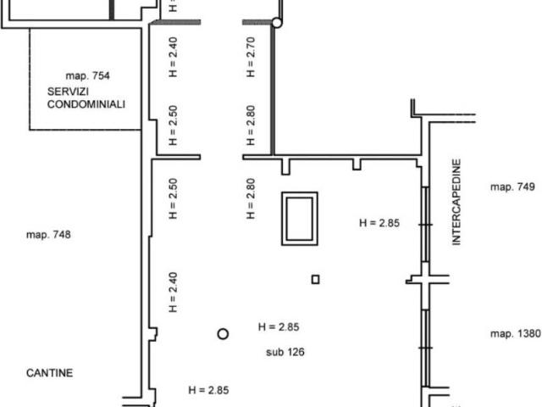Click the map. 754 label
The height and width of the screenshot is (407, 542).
point(88,75)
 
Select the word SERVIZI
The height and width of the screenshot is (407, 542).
point(68,92)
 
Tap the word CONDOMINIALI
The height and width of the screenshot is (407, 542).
point(86,104)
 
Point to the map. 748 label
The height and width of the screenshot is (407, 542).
point(48,235)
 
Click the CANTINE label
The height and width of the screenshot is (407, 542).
point(50,373)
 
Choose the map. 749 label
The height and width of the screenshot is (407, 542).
point(512,187)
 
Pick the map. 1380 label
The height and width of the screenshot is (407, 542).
point(516,333)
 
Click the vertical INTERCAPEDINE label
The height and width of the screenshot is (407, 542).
point(456,202)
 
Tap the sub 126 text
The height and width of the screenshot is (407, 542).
point(285,353)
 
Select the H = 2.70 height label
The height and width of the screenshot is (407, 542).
point(251,57)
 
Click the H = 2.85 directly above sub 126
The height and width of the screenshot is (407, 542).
point(279,327)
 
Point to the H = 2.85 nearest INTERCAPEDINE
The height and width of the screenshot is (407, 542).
point(379,223)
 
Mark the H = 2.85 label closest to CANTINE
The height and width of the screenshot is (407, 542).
point(208,390)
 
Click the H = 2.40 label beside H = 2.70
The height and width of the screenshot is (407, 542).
point(173,57)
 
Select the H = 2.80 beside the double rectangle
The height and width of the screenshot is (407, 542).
point(251,198)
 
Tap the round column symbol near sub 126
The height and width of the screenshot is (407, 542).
point(223,334)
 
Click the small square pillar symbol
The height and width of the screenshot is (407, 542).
point(315,279)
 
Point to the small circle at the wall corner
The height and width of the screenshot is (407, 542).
point(277,23)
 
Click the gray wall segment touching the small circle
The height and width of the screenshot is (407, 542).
point(257,23)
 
